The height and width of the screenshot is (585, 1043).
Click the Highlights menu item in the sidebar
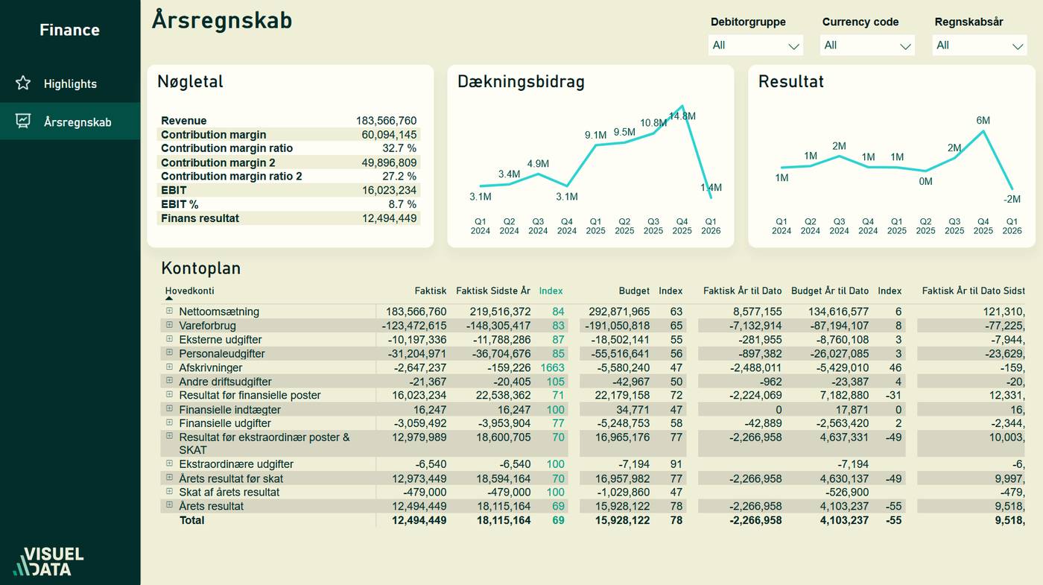[69, 83]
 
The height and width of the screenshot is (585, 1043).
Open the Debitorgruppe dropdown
[755, 45]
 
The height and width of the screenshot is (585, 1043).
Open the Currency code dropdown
[867, 45]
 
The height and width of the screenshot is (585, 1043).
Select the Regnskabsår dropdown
[979, 45]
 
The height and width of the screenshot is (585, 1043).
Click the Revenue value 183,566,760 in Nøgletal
[386, 121]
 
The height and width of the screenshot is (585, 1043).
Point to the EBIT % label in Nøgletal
[180, 204]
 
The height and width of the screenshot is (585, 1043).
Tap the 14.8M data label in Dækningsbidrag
[682, 116]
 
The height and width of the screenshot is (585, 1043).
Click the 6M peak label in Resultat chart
[983, 121]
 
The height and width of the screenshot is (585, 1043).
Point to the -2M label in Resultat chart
[1012, 199]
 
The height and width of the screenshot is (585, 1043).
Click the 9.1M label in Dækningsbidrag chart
[595, 135]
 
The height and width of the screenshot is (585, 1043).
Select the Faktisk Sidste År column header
[493, 291]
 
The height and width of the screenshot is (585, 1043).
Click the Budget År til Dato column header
[829, 291]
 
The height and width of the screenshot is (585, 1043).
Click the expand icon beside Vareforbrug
[169, 326]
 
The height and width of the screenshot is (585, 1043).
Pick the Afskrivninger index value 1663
[552, 367]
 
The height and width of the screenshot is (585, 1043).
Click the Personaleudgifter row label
[221, 353]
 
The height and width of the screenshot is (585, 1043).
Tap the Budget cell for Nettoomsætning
[622, 312]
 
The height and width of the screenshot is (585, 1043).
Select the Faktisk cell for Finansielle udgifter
[419, 423]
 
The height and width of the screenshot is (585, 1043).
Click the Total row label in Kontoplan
[191, 520]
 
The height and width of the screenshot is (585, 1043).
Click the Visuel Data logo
[48, 562]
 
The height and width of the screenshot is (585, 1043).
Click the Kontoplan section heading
[200, 268]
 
